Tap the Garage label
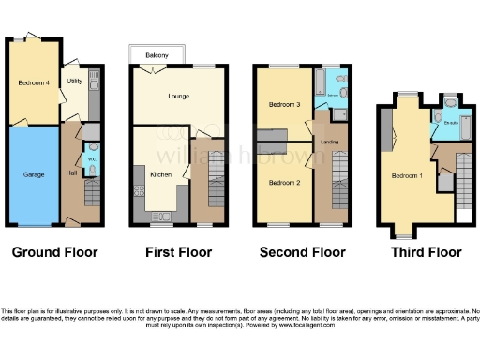tap(34, 174)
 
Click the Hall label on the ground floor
tap(71, 172)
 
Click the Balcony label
tap(157, 56)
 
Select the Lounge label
tap(179, 96)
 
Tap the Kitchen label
tap(160, 174)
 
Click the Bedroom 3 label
tap(284, 104)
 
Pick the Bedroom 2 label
tap(284, 182)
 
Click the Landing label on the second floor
tap(329, 142)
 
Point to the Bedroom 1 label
tap(406, 175)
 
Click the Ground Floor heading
tap(54, 252)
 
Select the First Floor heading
tap(178, 252)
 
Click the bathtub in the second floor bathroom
tap(319, 87)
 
